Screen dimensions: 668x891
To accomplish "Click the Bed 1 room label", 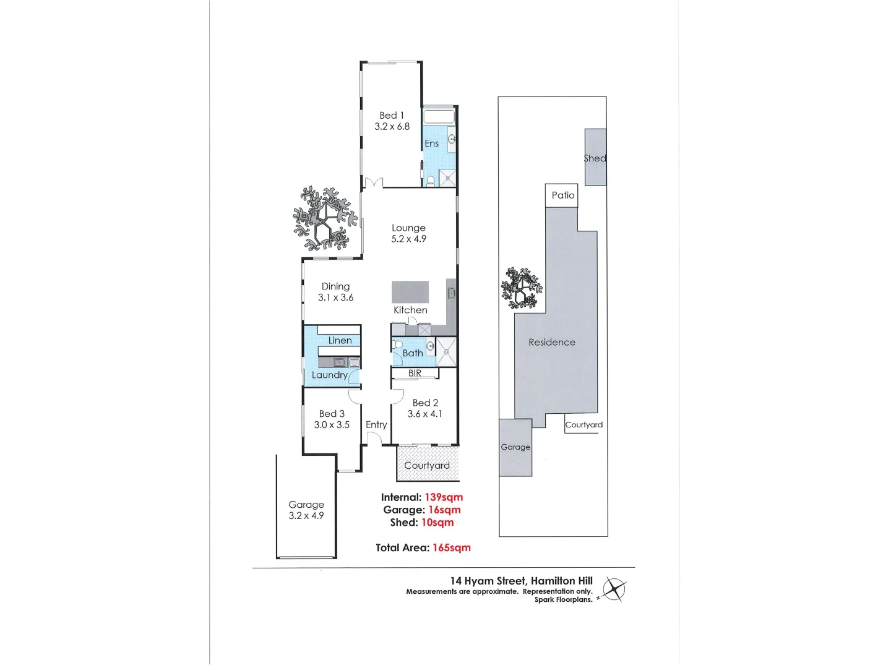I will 392,116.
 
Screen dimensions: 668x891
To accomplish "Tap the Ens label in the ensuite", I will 431,143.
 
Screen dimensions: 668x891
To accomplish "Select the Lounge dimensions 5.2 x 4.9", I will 408,239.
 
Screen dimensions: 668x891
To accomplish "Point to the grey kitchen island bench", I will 410,291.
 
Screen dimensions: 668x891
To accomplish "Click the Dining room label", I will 335,286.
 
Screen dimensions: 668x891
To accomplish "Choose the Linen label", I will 340,340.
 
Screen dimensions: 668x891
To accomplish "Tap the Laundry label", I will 329,375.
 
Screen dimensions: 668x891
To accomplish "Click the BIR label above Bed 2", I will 415,374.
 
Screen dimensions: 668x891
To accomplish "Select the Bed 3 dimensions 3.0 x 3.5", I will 332,425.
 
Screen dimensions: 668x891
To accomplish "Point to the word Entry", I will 376,424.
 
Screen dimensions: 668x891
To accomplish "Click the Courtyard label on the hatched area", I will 427,465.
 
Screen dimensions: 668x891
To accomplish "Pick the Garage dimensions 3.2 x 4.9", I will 306,516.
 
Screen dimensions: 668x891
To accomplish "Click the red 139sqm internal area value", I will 444,497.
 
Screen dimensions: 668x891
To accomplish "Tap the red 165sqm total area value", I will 452,547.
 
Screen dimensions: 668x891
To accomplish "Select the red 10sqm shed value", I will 437,523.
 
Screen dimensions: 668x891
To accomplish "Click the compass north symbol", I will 614,589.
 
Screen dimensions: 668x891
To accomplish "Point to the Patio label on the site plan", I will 563,195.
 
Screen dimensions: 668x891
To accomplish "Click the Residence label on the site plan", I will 552,342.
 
